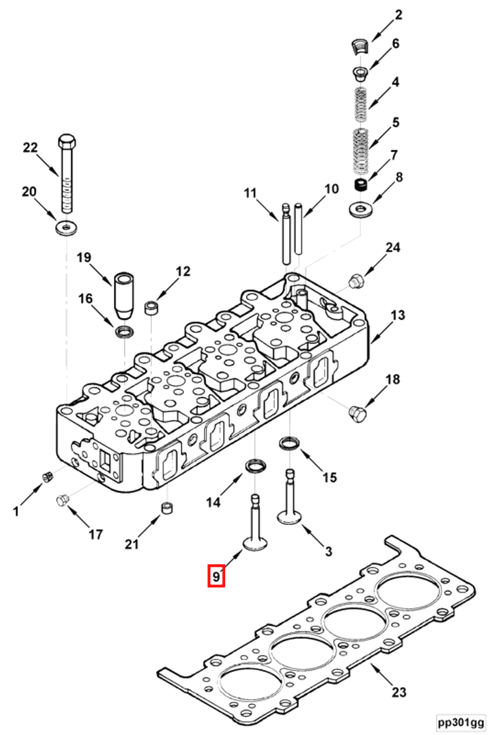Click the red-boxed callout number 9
(216, 575)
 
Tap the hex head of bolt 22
(66, 142)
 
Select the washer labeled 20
(65, 227)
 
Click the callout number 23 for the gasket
(399, 692)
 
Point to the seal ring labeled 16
(124, 332)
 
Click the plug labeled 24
(355, 281)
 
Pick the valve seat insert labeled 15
(289, 444)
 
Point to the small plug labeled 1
(46, 477)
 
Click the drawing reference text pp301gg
(461, 721)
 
